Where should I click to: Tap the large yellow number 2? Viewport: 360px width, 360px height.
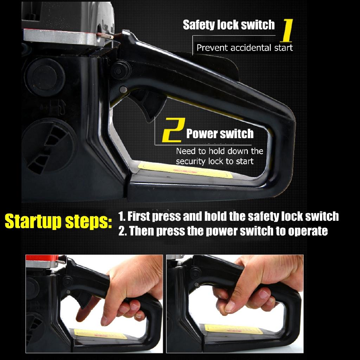[x=174, y=130]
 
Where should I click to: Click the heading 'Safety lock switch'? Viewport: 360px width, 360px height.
[x=229, y=25]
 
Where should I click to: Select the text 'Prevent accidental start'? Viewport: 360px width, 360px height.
[x=245, y=48]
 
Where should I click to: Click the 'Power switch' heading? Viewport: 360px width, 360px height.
[x=220, y=134]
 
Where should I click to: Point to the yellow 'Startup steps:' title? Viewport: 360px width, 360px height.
[x=58, y=221]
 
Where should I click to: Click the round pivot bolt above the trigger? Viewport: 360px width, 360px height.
[x=120, y=71]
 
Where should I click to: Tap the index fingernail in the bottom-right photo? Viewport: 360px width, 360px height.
[x=230, y=306]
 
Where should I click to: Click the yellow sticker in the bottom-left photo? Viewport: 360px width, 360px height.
[x=100, y=334]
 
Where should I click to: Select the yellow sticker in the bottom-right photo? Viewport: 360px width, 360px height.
[x=233, y=329]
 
